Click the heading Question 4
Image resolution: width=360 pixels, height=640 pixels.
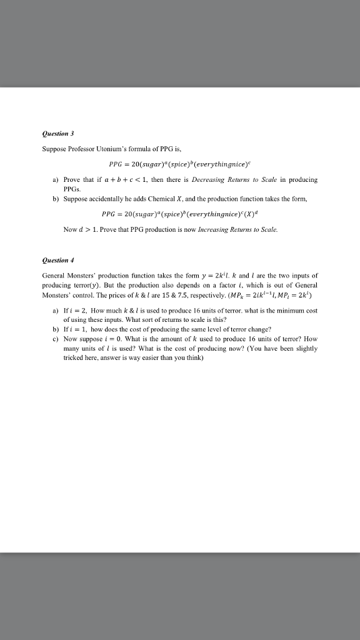[57, 259]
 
